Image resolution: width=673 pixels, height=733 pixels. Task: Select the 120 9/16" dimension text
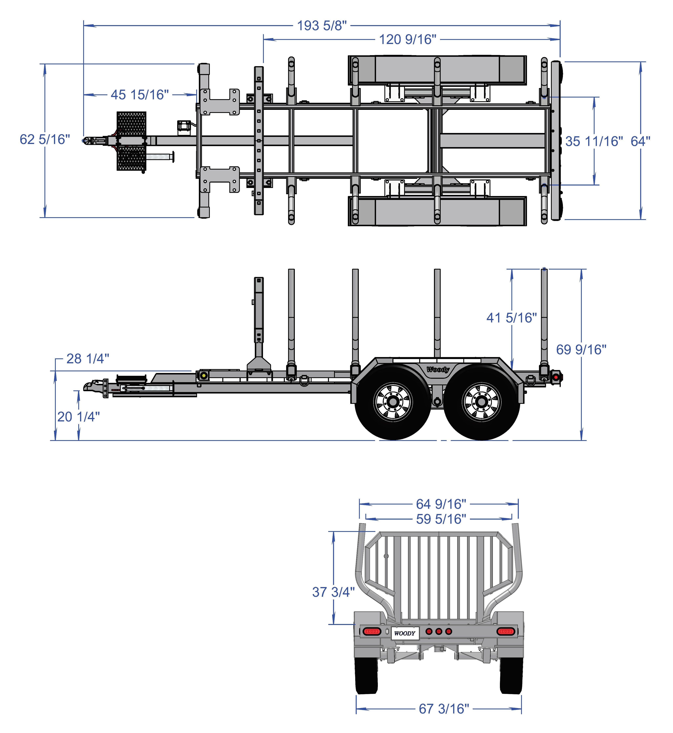tap(408, 39)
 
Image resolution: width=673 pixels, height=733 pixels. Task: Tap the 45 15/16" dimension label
tap(140, 95)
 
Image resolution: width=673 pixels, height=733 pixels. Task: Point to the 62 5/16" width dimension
tap(44, 140)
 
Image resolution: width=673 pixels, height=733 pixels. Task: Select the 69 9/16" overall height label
tap(581, 350)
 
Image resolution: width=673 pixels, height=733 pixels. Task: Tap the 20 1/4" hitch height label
tap(78, 417)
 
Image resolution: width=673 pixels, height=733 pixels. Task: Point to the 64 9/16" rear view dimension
tap(441, 504)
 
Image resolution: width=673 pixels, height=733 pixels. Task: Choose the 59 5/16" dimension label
tap(441, 519)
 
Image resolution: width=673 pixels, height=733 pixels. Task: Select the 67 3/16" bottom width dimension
tap(444, 709)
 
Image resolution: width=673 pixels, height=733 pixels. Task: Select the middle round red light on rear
tap(439, 631)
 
